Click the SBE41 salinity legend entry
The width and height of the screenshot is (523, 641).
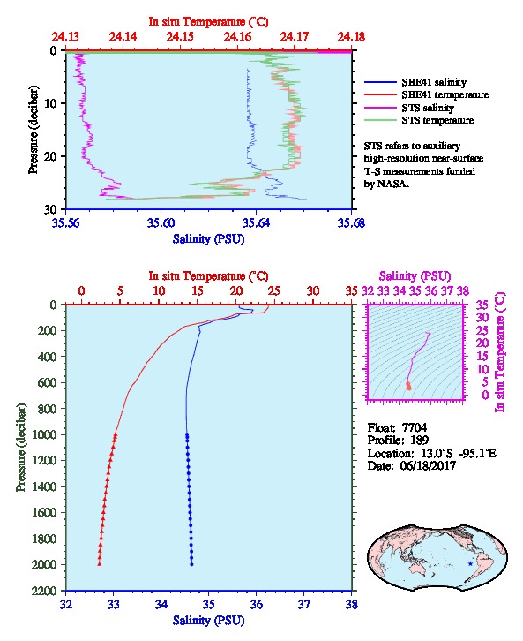[x=415, y=82]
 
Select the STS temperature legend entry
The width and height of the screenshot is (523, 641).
[x=419, y=120]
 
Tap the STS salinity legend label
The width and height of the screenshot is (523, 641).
[x=428, y=108]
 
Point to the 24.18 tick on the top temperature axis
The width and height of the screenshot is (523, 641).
[x=351, y=37]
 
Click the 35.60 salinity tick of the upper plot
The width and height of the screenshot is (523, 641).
[x=161, y=222]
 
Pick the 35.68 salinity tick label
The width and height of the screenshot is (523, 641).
[x=352, y=222]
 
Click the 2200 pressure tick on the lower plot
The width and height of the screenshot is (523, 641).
[x=45, y=591]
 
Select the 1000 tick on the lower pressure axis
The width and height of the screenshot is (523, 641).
[x=45, y=434]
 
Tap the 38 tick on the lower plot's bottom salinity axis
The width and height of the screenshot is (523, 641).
[x=352, y=604]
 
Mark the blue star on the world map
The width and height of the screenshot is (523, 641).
[x=470, y=563]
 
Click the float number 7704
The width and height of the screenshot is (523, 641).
[x=415, y=427]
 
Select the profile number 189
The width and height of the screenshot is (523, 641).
[x=419, y=441]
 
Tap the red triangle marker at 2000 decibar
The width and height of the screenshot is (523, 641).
[x=99, y=563]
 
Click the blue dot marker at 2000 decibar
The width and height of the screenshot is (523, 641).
[x=191, y=564]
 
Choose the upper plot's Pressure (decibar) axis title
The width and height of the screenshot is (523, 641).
[x=34, y=130]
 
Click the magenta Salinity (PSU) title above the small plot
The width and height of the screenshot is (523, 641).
[x=415, y=276]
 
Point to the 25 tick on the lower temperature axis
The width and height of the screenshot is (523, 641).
[x=274, y=291]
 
